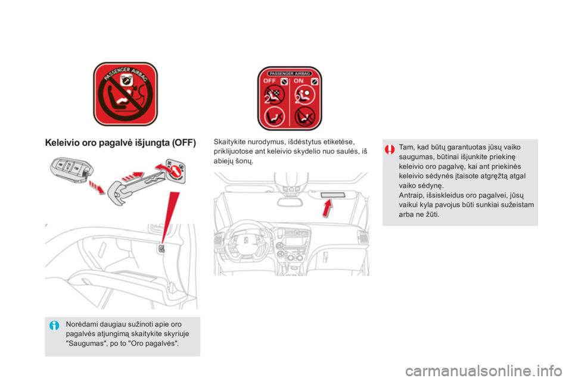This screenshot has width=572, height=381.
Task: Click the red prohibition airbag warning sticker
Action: (x=125, y=94)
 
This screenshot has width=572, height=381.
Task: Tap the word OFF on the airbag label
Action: (x=269, y=81)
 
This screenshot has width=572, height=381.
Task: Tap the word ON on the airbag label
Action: (x=299, y=81)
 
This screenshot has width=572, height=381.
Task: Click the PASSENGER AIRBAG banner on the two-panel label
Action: (x=290, y=73)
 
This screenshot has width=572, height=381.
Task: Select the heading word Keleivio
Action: (x=63, y=142)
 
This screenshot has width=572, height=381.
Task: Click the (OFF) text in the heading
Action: (x=184, y=142)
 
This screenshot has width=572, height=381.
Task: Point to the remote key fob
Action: (x=72, y=171)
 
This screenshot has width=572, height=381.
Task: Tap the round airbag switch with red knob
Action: (x=176, y=171)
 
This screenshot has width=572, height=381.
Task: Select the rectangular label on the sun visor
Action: (x=332, y=195)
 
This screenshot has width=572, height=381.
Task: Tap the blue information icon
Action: (x=54, y=325)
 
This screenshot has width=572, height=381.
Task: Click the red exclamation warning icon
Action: (x=390, y=149)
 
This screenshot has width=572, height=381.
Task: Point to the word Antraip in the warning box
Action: (x=410, y=195)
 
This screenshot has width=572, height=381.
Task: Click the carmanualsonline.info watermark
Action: (x=483, y=371)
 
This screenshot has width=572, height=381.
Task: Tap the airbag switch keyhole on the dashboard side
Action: (x=161, y=249)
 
